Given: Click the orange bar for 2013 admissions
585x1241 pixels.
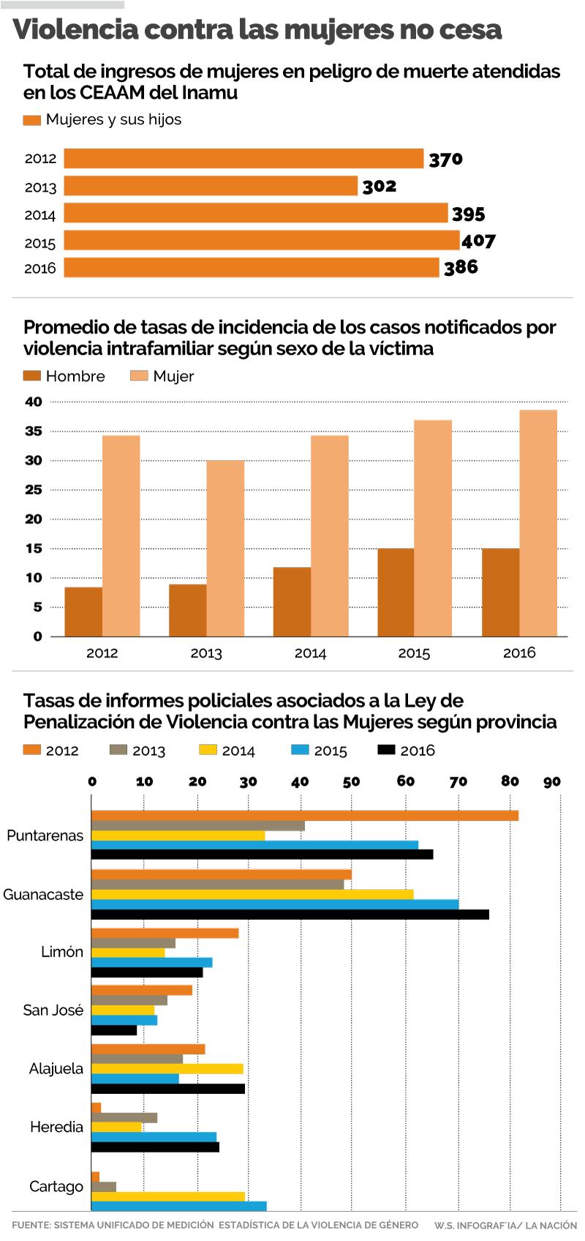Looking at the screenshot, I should tap(211, 186).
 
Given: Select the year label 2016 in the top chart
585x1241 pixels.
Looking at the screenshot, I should tap(40, 269).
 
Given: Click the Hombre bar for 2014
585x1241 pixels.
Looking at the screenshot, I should tap(292, 601).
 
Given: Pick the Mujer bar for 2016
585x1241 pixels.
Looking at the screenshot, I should tap(538, 522).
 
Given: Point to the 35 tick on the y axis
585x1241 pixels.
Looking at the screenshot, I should tap(34, 431).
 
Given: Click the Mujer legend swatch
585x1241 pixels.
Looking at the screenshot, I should tap(139, 376).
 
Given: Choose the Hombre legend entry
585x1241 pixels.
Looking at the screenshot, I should tap(64, 376).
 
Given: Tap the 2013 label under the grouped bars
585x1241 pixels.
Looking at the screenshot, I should tap(206, 653).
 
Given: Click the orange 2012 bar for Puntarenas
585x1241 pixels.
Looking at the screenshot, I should tap(304, 816).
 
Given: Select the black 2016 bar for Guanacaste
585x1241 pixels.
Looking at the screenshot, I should tap(290, 914).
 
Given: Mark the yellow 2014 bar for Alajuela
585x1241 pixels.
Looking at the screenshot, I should tap(167, 1069).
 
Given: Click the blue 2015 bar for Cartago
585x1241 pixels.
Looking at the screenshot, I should tap(179, 1206).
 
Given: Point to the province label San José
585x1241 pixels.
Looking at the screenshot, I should tap(53, 1011).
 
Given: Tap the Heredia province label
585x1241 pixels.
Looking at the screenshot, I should tap(56, 1127).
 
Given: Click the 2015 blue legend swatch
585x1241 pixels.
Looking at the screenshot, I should tap(300, 750).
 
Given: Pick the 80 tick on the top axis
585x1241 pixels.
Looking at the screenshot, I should tap(510, 781).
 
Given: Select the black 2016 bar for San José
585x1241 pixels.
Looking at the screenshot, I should tap(114, 1030).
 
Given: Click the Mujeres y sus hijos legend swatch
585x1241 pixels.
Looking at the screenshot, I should tap(31, 120).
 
